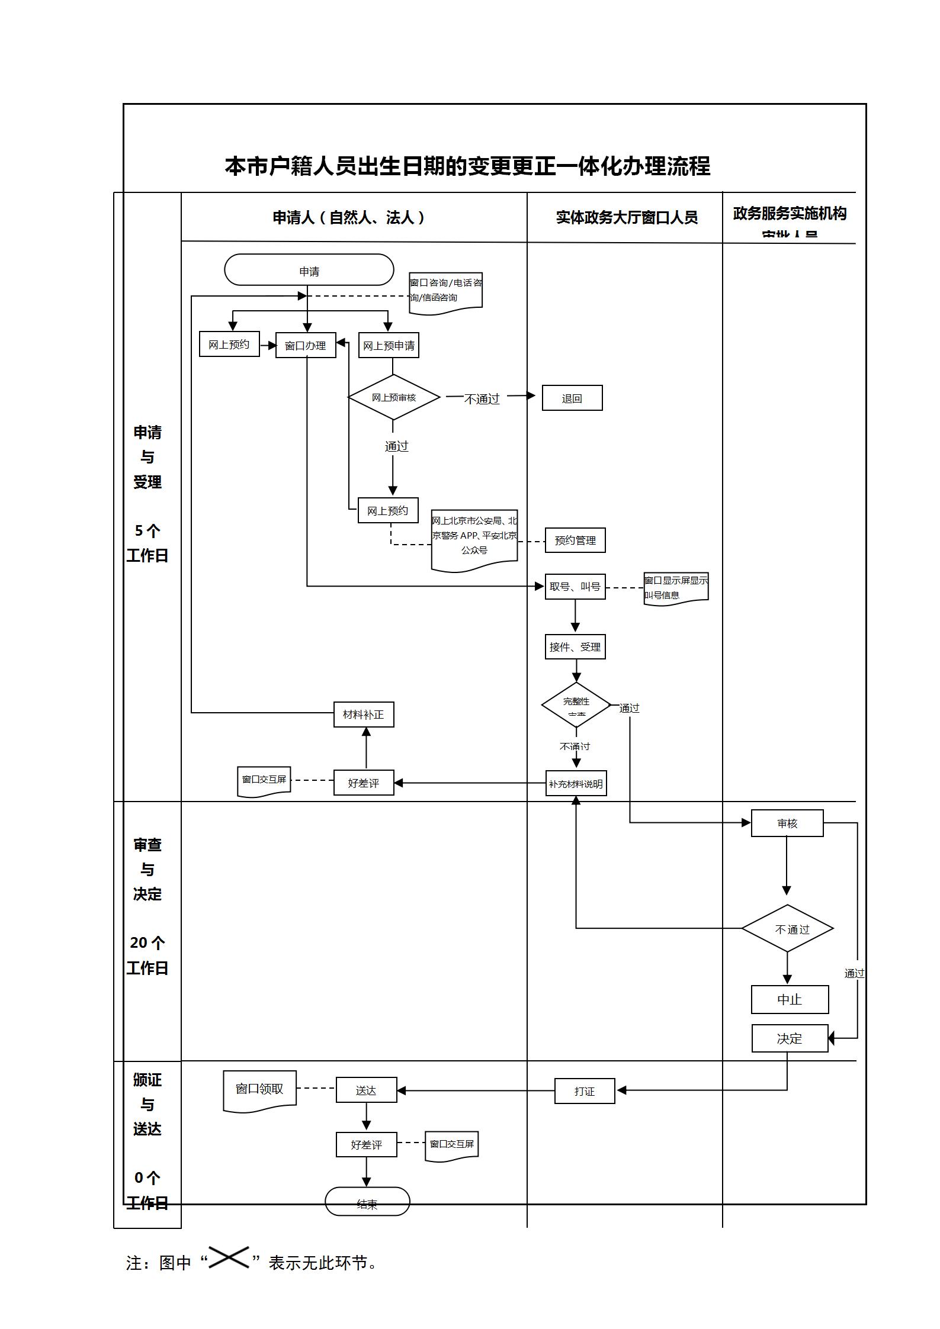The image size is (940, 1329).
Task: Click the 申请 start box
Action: (309, 270)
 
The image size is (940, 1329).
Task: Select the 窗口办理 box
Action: (306, 345)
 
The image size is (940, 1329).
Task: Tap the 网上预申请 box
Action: (389, 345)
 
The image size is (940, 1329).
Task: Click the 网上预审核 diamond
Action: (394, 397)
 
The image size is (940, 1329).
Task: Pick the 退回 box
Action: (572, 398)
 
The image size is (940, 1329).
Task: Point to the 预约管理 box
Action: (575, 540)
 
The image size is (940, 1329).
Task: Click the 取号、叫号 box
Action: (575, 587)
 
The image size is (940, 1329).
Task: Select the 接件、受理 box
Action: (575, 646)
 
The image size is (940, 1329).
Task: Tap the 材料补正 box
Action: (364, 715)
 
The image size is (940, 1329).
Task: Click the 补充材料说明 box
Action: (576, 783)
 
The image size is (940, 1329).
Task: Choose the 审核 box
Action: (787, 823)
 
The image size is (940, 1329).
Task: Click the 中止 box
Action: (790, 999)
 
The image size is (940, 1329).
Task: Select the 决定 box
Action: (790, 1038)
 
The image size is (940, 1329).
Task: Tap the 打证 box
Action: (585, 1090)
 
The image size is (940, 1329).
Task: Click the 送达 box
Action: (366, 1090)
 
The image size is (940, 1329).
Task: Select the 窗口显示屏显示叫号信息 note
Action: (676, 588)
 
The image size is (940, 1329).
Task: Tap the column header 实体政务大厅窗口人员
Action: (627, 217)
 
